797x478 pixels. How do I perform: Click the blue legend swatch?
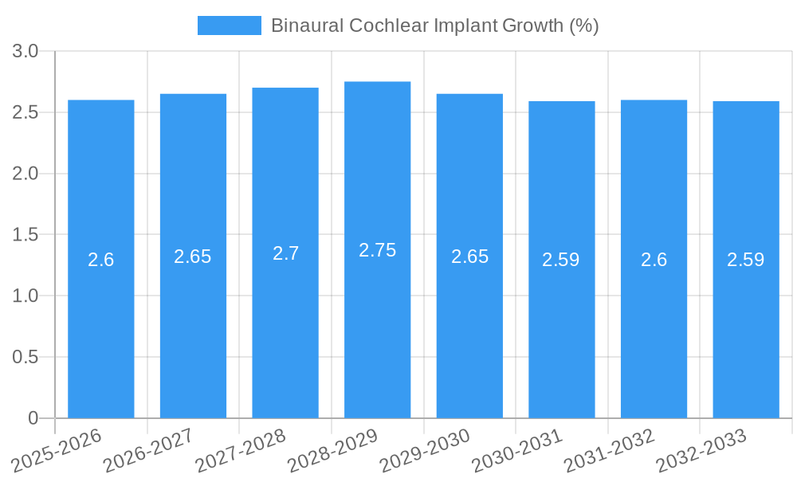(x=229, y=25)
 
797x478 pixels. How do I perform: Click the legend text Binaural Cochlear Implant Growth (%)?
(x=434, y=25)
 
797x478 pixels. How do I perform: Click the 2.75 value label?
(x=378, y=250)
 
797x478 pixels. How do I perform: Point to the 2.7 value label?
(x=285, y=253)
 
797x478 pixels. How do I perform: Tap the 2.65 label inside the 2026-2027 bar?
(x=193, y=257)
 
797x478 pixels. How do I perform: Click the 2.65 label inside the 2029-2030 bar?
(x=469, y=257)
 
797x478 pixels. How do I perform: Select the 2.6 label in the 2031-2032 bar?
(x=654, y=260)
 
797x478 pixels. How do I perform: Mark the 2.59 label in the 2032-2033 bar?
(x=746, y=260)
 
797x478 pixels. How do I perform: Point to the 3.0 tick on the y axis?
(x=26, y=52)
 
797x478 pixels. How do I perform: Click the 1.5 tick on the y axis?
(x=26, y=235)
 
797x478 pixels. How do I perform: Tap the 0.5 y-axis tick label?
(x=26, y=357)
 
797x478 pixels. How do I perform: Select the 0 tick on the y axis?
(x=33, y=418)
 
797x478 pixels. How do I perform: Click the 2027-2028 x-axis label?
(x=241, y=450)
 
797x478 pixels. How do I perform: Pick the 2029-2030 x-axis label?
(x=426, y=450)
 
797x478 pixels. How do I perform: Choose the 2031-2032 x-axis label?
(x=610, y=450)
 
